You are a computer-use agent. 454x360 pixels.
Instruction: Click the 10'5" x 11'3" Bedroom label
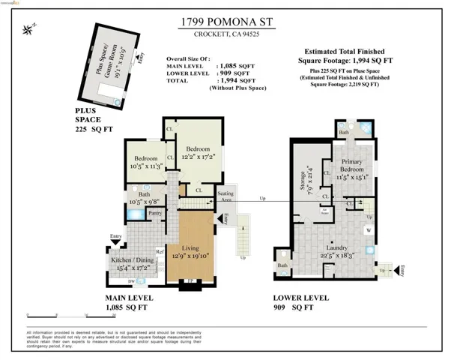(146, 163)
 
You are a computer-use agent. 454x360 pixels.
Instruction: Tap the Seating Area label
(226, 197)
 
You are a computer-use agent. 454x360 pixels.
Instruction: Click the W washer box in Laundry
(369, 231)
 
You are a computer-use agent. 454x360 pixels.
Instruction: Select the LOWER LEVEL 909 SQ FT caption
(301, 302)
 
